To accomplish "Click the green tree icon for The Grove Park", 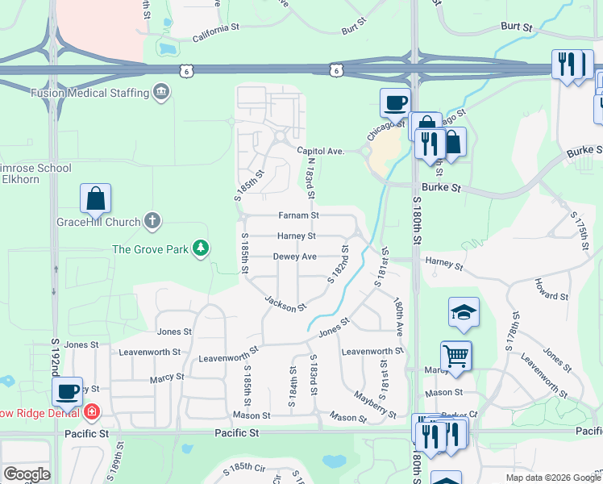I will point(201,248).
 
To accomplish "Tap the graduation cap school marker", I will point(464,312).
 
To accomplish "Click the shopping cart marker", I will point(455,355).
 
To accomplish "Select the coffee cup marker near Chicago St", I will point(395,103).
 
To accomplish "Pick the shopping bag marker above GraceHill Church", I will point(95,198).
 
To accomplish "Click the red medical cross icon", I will point(93,411).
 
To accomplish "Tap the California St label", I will point(216,31).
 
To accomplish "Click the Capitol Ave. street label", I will point(320,151).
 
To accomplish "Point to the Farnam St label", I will point(298,215).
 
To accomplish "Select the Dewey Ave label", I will point(294,257).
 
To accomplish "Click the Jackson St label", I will point(286,303).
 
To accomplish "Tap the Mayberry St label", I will point(376,404).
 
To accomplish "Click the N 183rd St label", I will point(310,178).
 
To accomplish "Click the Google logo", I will point(27,474).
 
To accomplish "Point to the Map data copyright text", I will point(553,478).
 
